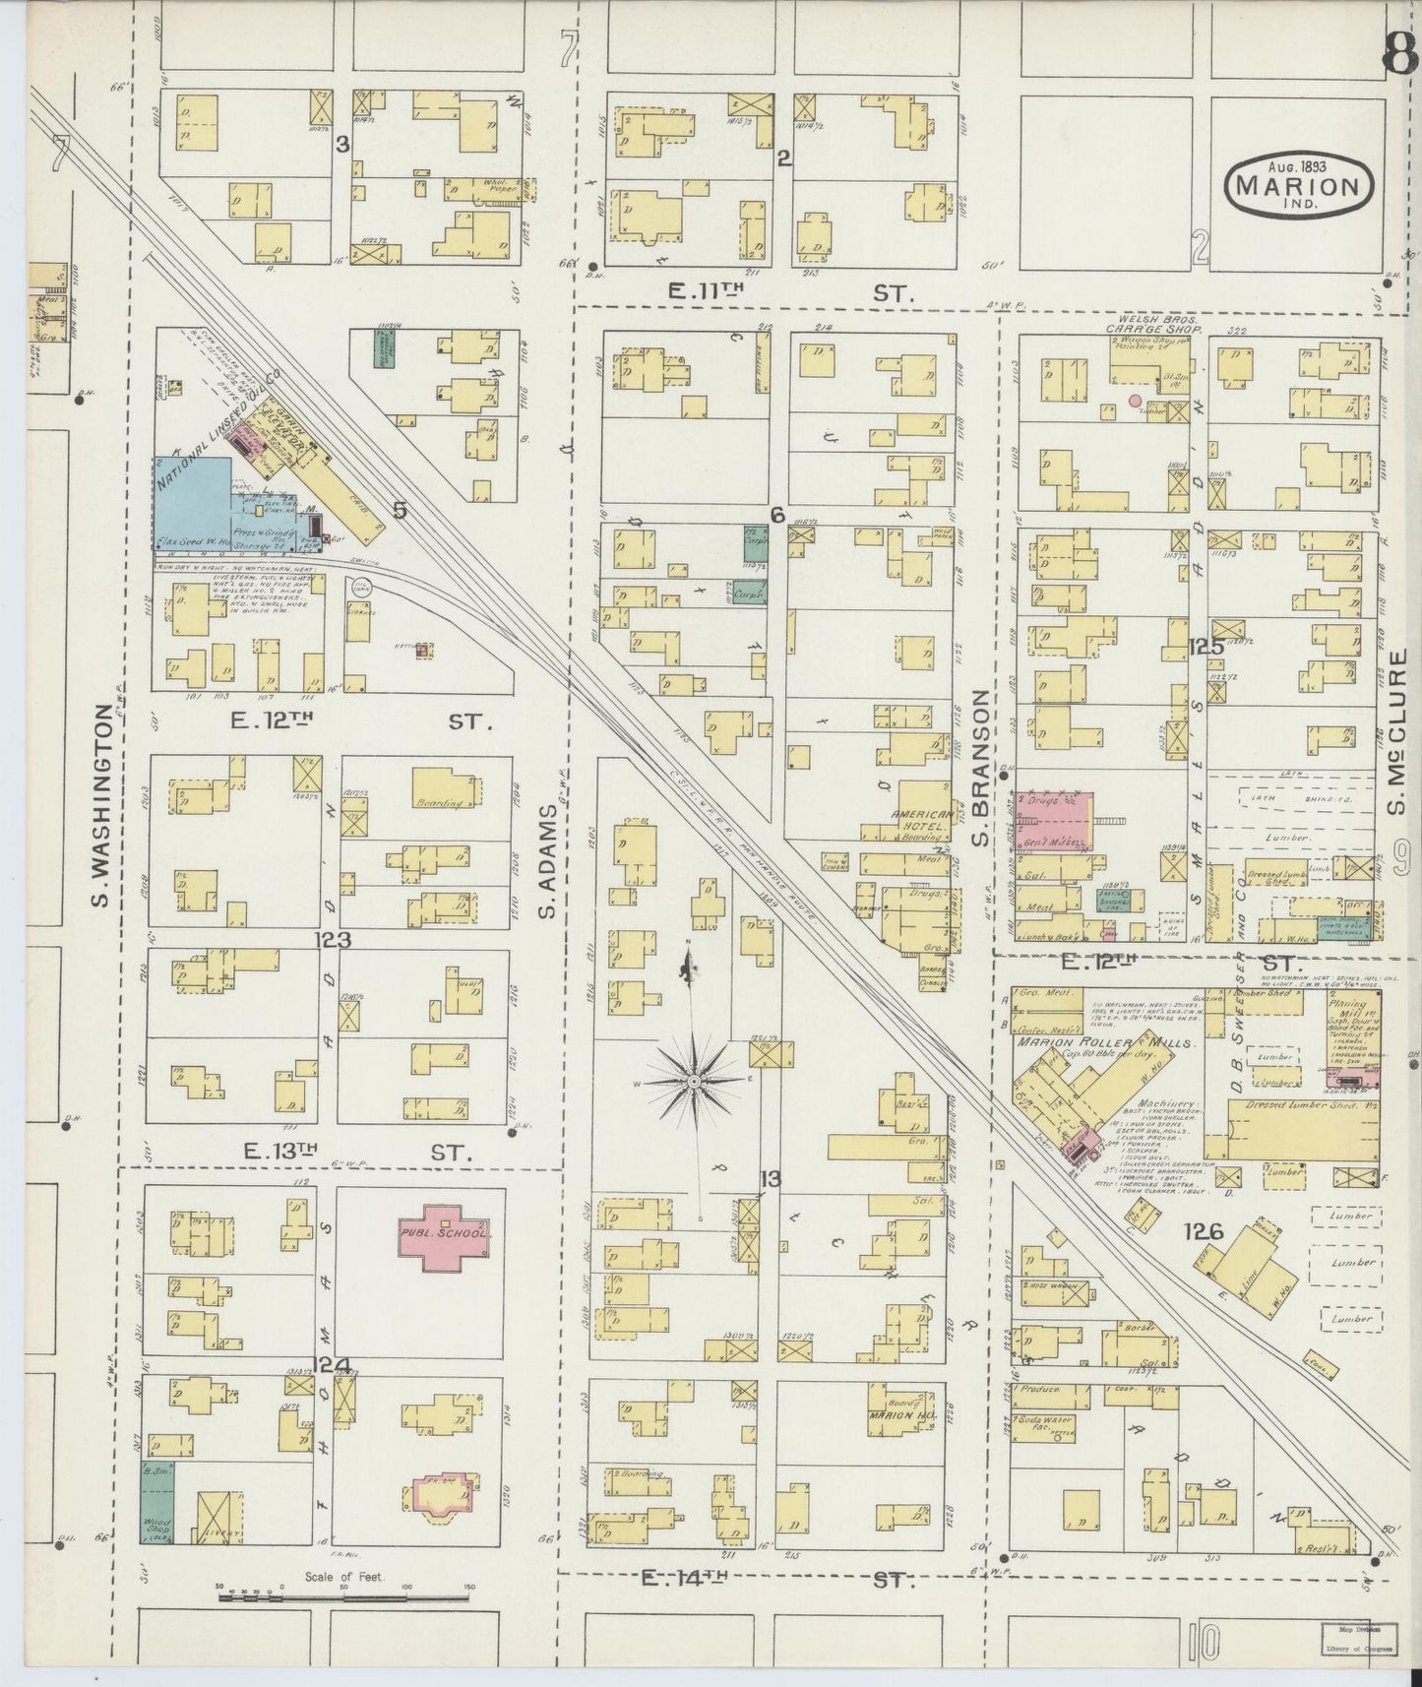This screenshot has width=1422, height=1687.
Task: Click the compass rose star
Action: (695, 1080)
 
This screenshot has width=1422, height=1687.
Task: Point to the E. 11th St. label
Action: (787, 292)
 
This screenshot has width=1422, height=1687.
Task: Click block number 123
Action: (333, 940)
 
